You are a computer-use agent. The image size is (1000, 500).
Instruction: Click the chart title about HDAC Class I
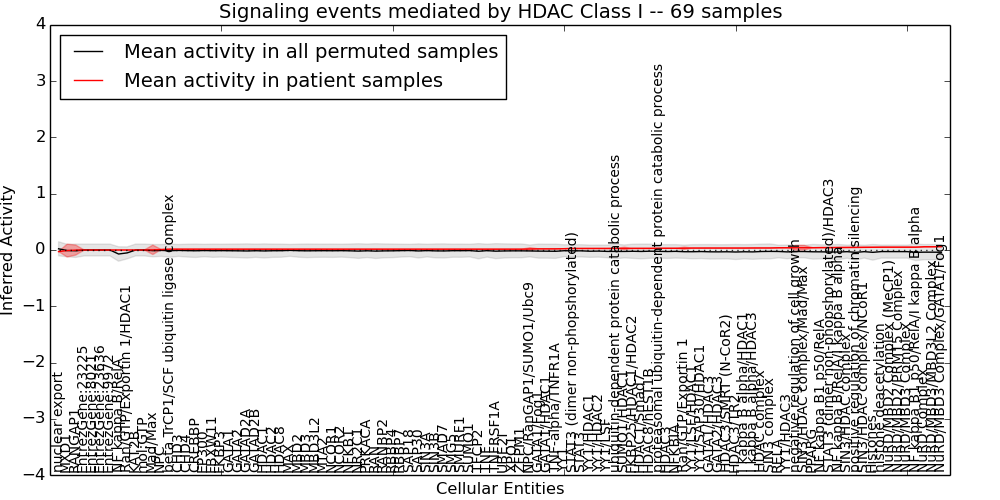coord(500,12)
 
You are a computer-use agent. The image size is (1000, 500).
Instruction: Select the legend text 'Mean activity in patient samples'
coord(283,81)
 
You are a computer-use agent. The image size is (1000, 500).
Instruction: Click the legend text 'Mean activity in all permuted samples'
coord(310,52)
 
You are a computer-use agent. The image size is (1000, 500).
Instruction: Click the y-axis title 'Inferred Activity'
coord(9,249)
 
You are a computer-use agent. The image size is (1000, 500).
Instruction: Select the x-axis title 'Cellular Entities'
coord(500,489)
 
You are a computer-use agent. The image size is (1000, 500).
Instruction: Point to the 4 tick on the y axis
coord(39,25)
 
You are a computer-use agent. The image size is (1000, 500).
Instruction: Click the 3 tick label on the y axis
coord(39,81)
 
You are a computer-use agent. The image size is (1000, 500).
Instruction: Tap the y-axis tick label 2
coord(39,137)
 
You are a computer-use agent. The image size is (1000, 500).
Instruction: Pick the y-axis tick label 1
coord(39,193)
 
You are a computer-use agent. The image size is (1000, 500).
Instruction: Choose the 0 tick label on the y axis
coord(39,250)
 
